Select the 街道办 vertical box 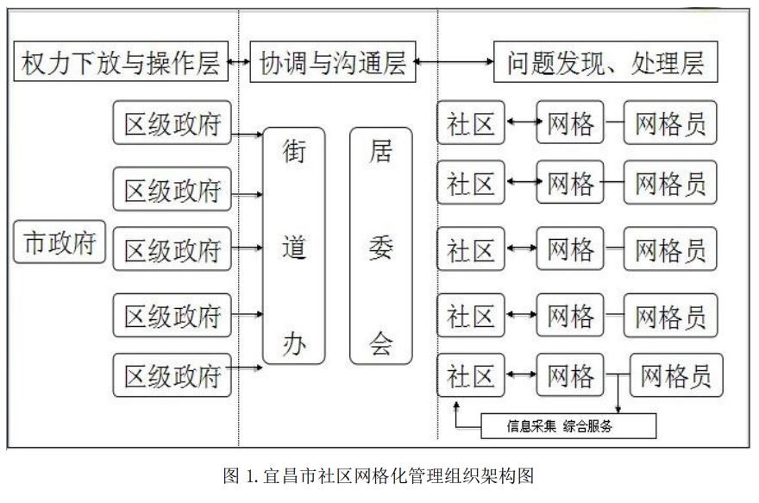coord(293,245)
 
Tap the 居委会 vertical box coord(380,245)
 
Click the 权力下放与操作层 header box coord(122,63)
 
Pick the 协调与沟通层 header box coord(332,63)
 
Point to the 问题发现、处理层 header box coord(605,63)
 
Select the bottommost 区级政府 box coord(172,376)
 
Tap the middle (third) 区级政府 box coord(172,251)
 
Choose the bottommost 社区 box coord(470,376)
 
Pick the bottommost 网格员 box coord(675,376)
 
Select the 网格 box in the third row coord(570,251)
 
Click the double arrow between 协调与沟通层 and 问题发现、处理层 coord(455,62)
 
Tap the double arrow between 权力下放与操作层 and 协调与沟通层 coord(239,62)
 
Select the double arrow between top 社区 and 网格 coord(520,123)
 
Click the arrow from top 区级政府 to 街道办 coord(248,134)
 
